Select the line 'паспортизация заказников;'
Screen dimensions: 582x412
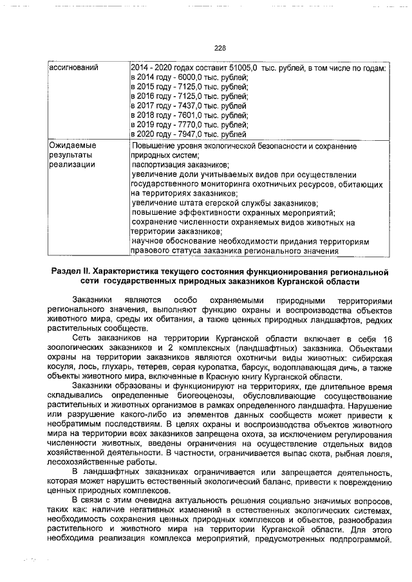[178, 165]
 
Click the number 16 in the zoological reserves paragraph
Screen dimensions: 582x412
[387, 339]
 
